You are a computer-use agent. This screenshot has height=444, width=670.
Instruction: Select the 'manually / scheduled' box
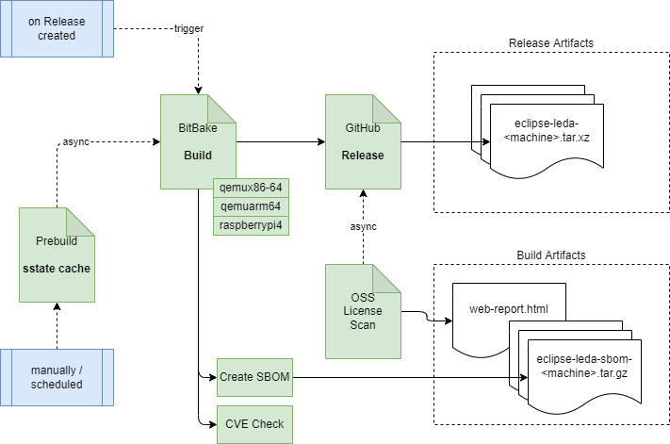(57, 375)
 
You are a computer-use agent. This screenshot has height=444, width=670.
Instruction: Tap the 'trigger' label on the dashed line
(188, 28)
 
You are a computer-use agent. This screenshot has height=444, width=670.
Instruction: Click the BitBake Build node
(196, 141)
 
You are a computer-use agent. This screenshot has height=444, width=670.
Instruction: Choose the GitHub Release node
(363, 141)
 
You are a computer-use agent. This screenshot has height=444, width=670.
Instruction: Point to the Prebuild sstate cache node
(57, 255)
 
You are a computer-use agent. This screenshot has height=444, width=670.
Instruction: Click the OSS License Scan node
(363, 311)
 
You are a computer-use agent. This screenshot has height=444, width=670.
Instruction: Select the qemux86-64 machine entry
(250, 187)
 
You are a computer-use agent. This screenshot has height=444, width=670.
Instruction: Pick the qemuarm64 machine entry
(250, 206)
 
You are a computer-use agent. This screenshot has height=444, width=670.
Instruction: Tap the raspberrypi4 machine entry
(250, 226)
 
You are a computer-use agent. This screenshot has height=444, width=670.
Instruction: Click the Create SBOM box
(253, 377)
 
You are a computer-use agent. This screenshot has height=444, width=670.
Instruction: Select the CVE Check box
(253, 423)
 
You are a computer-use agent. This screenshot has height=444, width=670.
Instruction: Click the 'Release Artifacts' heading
(550, 42)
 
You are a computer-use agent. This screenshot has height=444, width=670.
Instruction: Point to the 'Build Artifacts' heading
(550, 255)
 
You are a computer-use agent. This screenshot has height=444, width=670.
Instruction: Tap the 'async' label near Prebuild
(75, 141)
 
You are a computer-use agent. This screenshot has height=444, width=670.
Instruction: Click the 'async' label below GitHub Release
(363, 226)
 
